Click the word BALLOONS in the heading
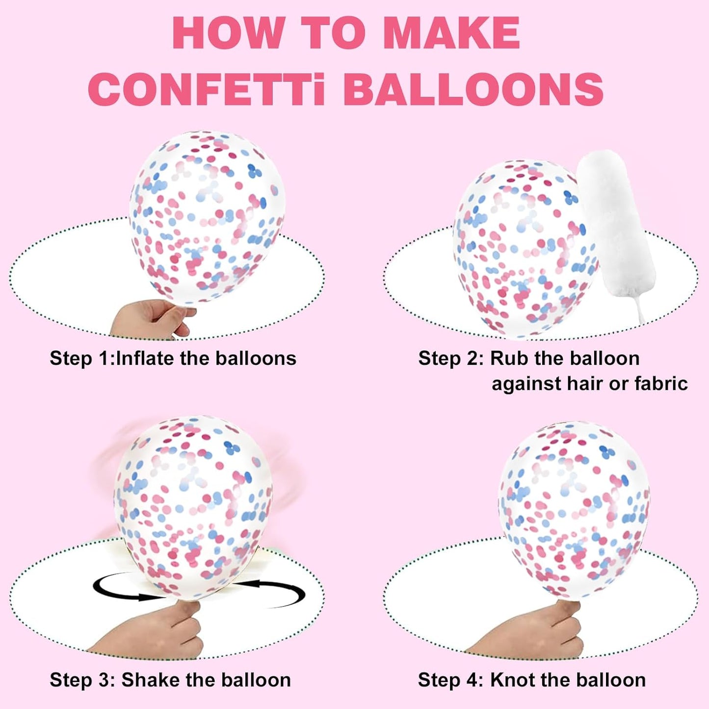point(473,89)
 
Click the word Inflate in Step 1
point(145,358)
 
